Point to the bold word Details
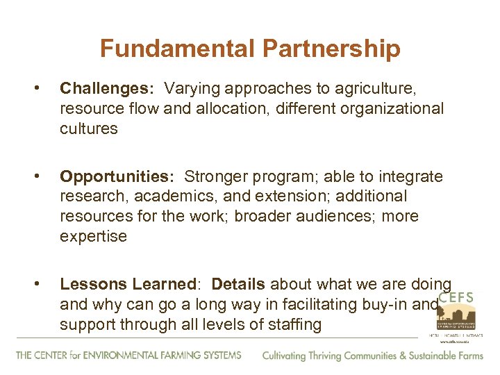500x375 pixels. (238, 284)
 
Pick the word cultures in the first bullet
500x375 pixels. (89, 128)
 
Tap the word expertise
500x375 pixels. (94, 236)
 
